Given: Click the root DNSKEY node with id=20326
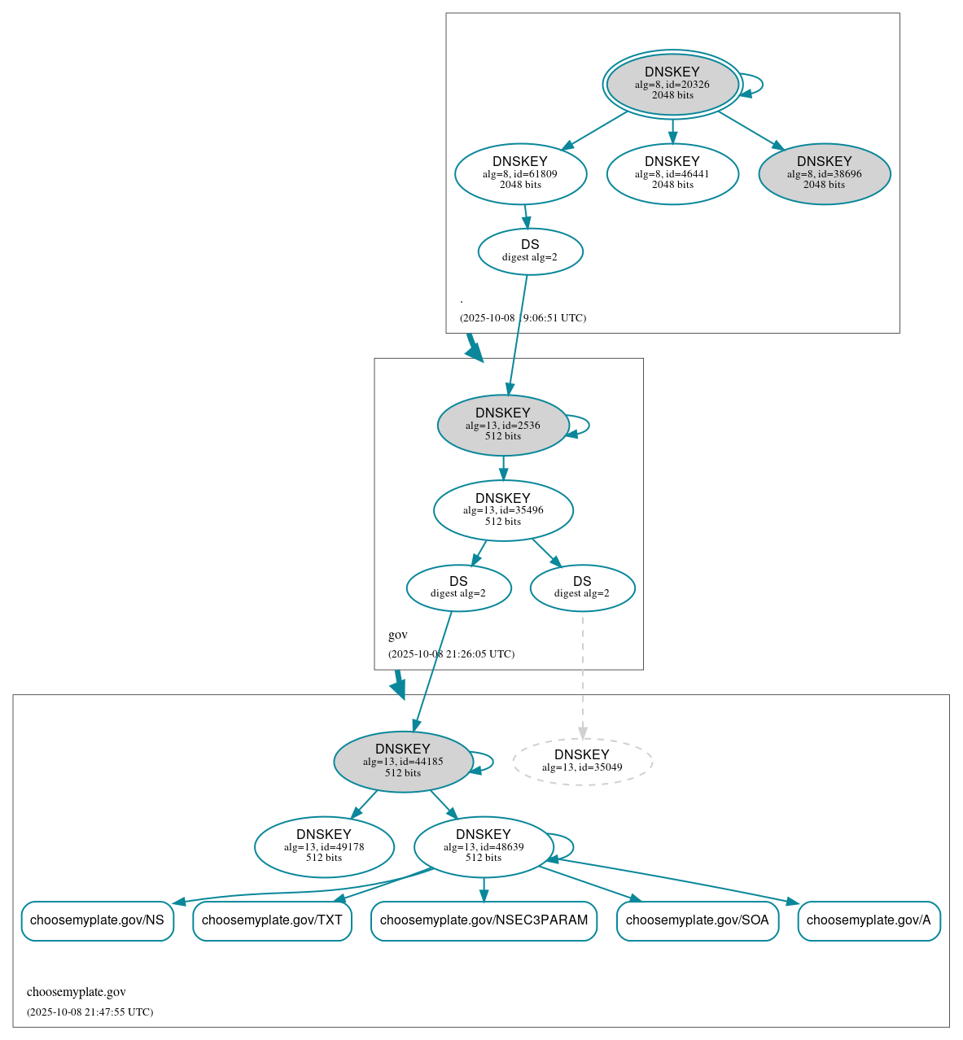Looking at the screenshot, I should point(672,84).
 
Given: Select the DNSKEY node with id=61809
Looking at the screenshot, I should point(520,173).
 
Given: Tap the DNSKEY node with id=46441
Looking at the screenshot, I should point(672,173).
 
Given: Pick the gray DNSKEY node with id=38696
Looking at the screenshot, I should point(824,173).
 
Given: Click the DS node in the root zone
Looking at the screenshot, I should point(530,251).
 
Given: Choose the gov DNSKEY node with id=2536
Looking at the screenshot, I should point(503,425).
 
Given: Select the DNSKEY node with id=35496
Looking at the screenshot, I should point(503,510).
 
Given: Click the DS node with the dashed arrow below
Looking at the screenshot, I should point(582,588).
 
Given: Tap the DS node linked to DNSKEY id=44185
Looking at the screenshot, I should point(458,588).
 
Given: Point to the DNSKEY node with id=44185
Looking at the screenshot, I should point(403,762).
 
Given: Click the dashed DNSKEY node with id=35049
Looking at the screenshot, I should point(582,762).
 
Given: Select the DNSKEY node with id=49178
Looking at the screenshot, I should point(324,846).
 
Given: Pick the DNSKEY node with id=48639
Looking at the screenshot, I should point(484,846).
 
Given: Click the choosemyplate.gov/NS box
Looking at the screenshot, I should point(97,920).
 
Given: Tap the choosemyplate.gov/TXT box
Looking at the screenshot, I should point(272,920).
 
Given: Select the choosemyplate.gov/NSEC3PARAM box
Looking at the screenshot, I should point(484,920).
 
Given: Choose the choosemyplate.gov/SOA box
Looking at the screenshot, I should point(697,920).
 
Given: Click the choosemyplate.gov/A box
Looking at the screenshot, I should point(869,920).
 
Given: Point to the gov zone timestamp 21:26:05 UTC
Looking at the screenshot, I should point(451,654).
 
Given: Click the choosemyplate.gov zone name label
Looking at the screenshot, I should point(77,992).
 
